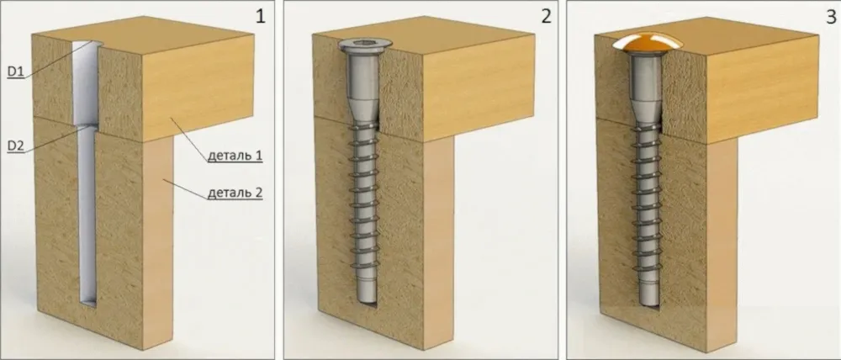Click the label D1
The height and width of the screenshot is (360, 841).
click(x=15, y=71)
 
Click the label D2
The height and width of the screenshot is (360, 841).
click(x=15, y=146)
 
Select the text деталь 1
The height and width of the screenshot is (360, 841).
click(x=235, y=156)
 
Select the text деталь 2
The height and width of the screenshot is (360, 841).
click(x=235, y=193)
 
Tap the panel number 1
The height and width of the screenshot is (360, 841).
click(x=260, y=17)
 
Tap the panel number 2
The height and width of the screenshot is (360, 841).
click(x=546, y=17)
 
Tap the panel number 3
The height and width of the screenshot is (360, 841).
click(x=831, y=17)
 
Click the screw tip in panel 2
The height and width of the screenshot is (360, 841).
click(x=367, y=301)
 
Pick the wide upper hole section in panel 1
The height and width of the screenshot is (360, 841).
click(x=86, y=83)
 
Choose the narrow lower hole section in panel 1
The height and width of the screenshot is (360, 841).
click(x=87, y=214)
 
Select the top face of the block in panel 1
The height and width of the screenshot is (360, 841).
click(x=143, y=35)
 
